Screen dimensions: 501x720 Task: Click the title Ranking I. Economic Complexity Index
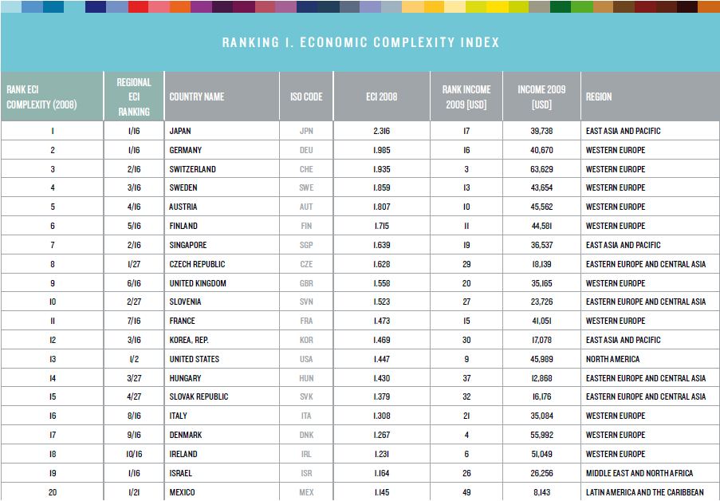tap(360, 42)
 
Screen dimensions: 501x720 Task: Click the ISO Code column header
tap(306, 97)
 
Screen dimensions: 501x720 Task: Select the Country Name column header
tap(197, 97)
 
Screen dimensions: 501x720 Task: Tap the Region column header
tap(599, 97)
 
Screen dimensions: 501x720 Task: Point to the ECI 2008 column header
tap(381, 97)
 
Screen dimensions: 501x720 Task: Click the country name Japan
tap(180, 131)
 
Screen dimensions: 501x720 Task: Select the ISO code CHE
tap(306, 169)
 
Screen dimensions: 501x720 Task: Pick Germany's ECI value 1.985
tap(381, 150)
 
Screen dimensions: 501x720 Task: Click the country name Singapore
tap(188, 245)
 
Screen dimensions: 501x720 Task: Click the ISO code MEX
tap(306, 492)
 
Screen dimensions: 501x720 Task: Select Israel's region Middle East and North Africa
tap(639, 473)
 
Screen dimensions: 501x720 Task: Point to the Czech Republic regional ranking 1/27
tap(133, 264)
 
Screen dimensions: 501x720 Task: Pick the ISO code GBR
tap(306, 283)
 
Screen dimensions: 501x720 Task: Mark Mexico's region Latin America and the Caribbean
tap(645, 492)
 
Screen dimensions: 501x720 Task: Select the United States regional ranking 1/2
tap(133, 359)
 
